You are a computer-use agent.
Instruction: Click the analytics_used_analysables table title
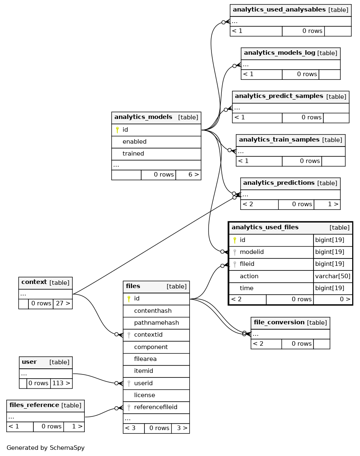[x=279, y=9]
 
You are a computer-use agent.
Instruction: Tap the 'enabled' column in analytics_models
[x=135, y=142]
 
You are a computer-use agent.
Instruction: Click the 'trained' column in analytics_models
[x=133, y=154]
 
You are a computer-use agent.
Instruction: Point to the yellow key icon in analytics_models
[x=117, y=130]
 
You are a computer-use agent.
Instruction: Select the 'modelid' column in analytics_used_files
[x=251, y=252]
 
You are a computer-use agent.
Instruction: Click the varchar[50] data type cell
[x=333, y=276]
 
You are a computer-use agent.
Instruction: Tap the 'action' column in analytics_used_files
[x=249, y=276]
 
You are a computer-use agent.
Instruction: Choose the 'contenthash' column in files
[x=153, y=311]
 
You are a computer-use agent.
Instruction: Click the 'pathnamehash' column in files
[x=156, y=323]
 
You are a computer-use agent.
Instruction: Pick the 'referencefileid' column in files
[x=156, y=407]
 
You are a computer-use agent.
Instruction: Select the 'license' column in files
[x=144, y=395]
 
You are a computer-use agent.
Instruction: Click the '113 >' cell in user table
[x=61, y=383]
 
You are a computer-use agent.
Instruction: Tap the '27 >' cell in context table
[x=63, y=304]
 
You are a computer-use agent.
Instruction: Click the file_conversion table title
[x=279, y=323]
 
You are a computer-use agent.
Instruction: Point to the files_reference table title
[x=34, y=405]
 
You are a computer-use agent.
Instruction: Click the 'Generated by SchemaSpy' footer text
[x=46, y=448]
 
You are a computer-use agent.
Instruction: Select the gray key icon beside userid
[x=129, y=383]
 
